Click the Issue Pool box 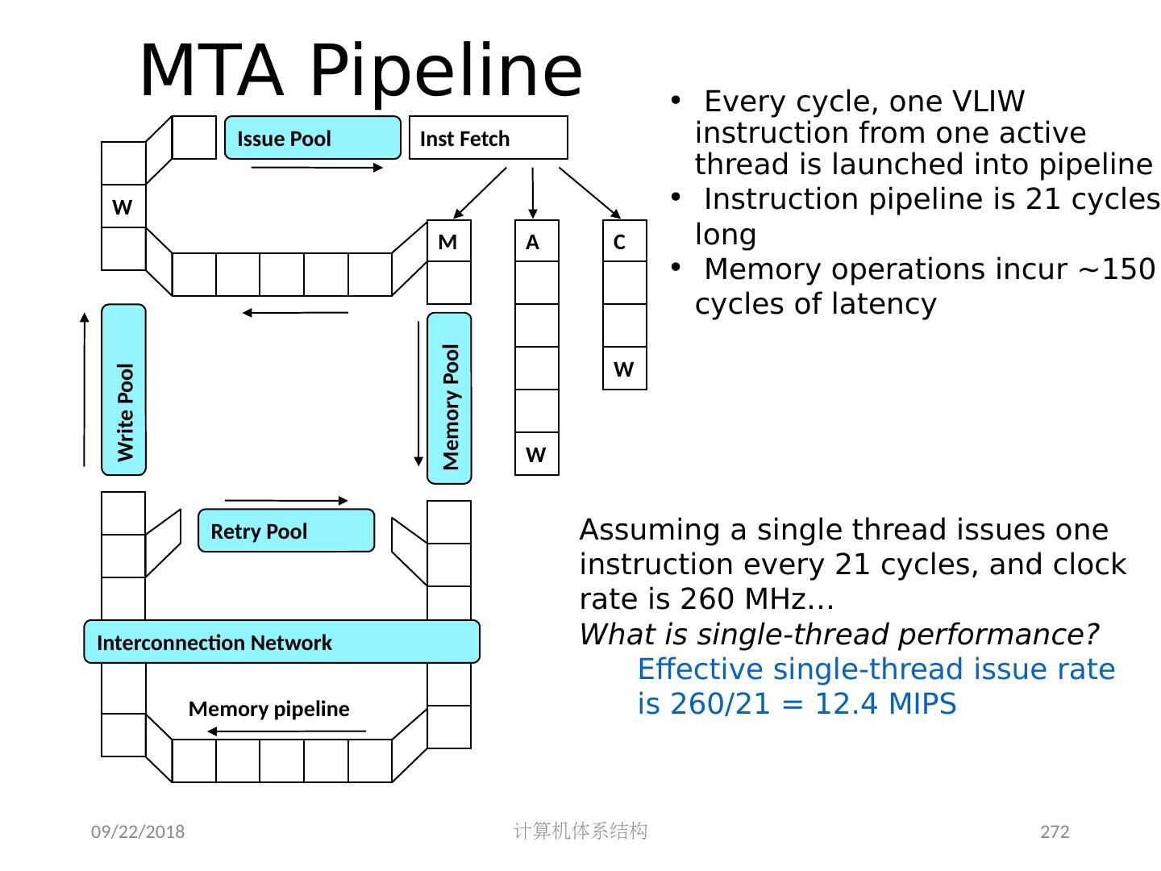click(312, 138)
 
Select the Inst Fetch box click(488, 138)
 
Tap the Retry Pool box click(286, 531)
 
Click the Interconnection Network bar click(281, 642)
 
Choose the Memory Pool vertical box click(449, 398)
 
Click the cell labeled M click(448, 242)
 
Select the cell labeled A click(536, 242)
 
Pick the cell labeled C click(624, 242)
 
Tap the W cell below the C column click(624, 369)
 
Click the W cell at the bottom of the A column click(536, 454)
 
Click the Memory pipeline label click(268, 709)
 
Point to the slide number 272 click(1055, 832)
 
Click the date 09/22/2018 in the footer click(137, 832)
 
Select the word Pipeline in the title click(446, 71)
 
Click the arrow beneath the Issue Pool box click(317, 168)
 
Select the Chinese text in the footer click(580, 831)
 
